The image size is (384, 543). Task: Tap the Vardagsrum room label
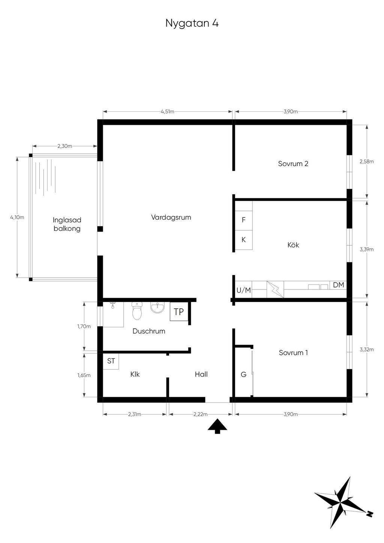pyautogui.click(x=171, y=217)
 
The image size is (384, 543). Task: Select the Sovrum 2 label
pyautogui.click(x=293, y=164)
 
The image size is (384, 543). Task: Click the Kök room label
pyautogui.click(x=293, y=245)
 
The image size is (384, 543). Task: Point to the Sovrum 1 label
pyautogui.click(x=293, y=353)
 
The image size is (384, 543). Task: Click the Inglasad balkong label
pyautogui.click(x=67, y=224)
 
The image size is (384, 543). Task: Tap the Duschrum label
pyautogui.click(x=149, y=331)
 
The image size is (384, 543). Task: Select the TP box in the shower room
pyautogui.click(x=179, y=312)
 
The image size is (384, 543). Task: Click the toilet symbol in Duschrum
pyautogui.click(x=137, y=311)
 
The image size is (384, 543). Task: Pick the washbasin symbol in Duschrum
pyautogui.click(x=157, y=308)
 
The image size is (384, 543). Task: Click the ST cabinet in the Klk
pyautogui.click(x=111, y=361)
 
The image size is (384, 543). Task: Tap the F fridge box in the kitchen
pyautogui.click(x=243, y=220)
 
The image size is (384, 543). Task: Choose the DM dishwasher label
pyautogui.click(x=338, y=285)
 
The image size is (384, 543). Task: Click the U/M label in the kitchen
pyautogui.click(x=243, y=290)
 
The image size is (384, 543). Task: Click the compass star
pyautogui.click(x=342, y=502)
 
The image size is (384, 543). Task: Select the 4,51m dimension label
pyautogui.click(x=167, y=112)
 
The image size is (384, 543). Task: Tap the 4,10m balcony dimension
pyautogui.click(x=17, y=217)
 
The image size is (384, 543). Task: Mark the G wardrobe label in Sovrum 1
pyautogui.click(x=243, y=374)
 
